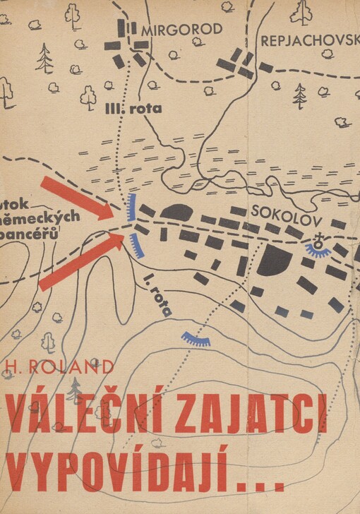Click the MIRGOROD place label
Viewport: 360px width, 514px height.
[x=181, y=30]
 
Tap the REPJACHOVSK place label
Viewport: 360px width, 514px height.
[x=310, y=41]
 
